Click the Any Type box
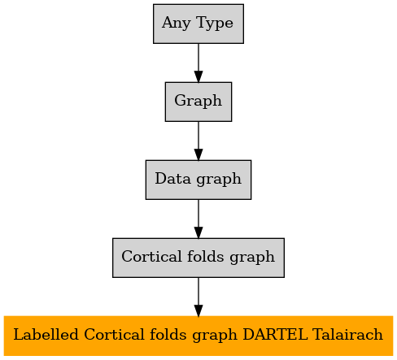tap(198, 24)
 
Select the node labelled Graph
tap(198, 102)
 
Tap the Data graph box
tap(198, 180)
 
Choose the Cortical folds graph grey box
tap(198, 258)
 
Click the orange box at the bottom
tap(198, 336)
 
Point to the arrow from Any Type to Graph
tap(198, 63)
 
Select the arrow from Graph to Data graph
tap(198, 141)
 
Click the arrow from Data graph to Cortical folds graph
tap(198, 219)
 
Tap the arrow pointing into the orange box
tap(198, 297)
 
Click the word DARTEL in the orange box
tap(275, 335)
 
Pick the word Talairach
tap(347, 335)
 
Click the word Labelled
tap(46, 335)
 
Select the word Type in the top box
tap(214, 24)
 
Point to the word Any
tap(177, 24)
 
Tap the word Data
tap(172, 179)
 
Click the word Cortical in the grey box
tap(151, 257)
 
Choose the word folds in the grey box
tap(206, 256)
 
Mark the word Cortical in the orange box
tap(114, 335)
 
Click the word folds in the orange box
tap(168, 334)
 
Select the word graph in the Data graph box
tap(219, 180)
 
